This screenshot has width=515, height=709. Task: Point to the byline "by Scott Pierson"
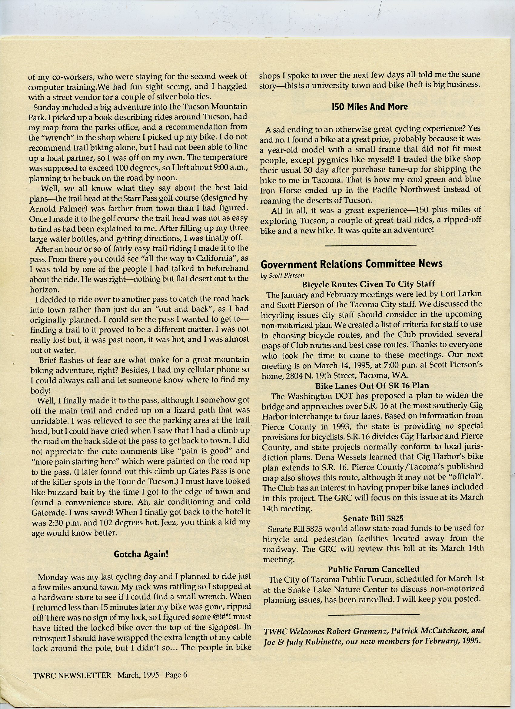click(282, 276)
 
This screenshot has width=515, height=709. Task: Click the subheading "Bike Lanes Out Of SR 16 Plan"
click(372, 386)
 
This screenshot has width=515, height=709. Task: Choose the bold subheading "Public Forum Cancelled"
click(373, 569)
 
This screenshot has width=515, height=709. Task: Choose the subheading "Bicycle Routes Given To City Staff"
click(368, 284)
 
